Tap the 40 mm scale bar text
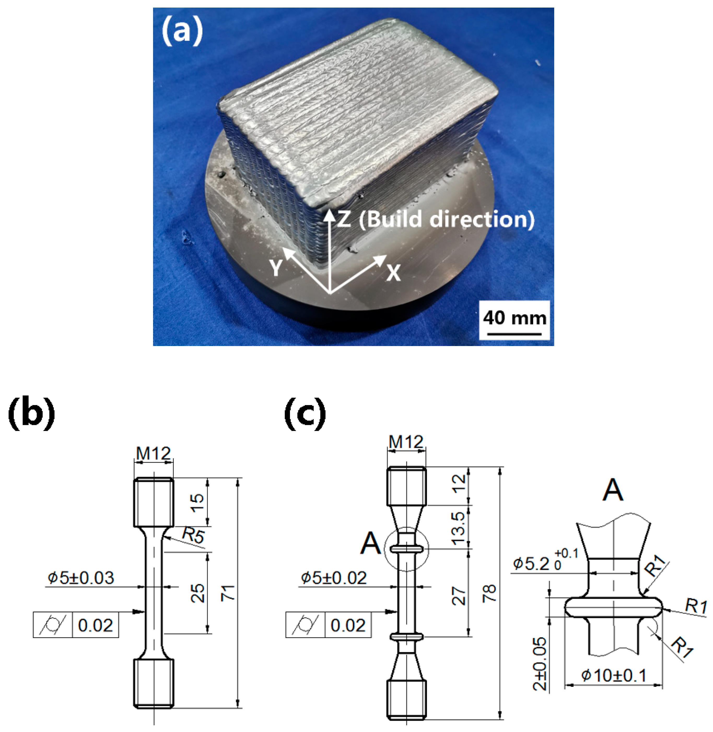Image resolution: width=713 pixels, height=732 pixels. point(515,318)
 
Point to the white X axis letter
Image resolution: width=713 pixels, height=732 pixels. point(393,273)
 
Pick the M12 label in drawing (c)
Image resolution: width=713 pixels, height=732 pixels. point(406,442)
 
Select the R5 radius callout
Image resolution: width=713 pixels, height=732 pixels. point(194,535)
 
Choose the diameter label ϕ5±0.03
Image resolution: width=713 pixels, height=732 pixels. point(80,578)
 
